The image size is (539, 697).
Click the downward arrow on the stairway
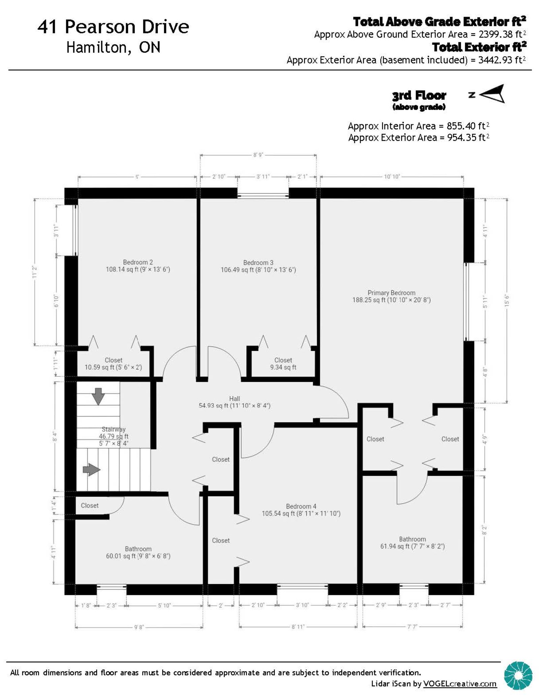coord(98,396)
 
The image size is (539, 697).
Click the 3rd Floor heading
coord(419,96)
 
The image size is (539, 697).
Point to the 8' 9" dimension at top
coord(258,155)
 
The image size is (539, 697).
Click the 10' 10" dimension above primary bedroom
coord(392,176)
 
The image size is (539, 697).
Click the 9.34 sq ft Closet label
coord(283,364)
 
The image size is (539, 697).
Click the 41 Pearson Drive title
coord(113,27)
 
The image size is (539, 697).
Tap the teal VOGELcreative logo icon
coord(518,675)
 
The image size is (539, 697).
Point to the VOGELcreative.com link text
coord(459,684)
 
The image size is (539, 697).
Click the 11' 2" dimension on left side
coord(35,272)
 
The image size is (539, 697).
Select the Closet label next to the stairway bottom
coord(90,505)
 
